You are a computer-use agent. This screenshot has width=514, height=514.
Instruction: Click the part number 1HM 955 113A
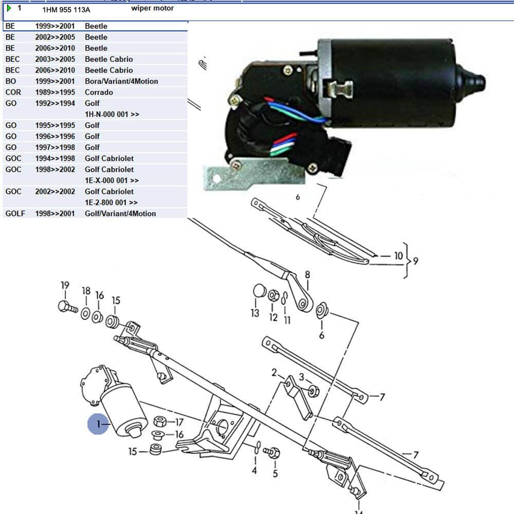(x=66, y=9)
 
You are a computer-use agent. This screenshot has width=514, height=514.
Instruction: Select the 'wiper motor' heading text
(x=152, y=8)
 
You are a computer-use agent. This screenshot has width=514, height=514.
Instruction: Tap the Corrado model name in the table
(x=99, y=93)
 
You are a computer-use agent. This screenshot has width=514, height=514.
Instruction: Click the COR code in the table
(x=13, y=93)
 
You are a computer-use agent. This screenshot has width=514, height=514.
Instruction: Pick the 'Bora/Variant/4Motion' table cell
(x=121, y=81)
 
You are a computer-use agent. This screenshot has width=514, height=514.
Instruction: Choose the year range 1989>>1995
(x=55, y=93)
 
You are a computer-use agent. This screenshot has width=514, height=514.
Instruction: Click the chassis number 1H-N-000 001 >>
(x=112, y=114)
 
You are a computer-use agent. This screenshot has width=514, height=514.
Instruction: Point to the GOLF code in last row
(x=15, y=213)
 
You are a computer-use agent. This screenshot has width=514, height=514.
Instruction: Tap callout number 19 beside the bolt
(x=65, y=286)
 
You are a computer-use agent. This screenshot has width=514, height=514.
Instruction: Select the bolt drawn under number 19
(x=67, y=308)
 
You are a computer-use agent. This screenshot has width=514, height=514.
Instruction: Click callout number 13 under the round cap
(x=255, y=313)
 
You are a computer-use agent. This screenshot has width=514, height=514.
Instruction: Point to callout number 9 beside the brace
(x=415, y=261)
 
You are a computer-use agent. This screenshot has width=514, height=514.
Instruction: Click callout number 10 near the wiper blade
(x=398, y=255)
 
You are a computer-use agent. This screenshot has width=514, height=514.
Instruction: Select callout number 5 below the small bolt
(x=275, y=473)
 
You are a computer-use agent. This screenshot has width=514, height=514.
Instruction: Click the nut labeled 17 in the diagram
(x=160, y=423)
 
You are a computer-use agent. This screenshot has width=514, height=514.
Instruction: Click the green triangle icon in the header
(x=9, y=8)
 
